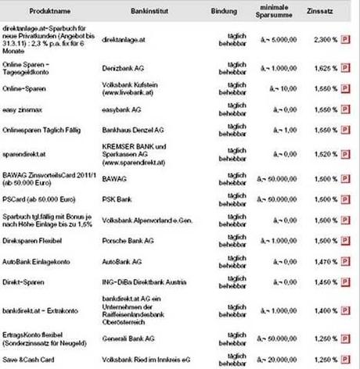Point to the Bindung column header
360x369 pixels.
[x=228, y=13]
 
